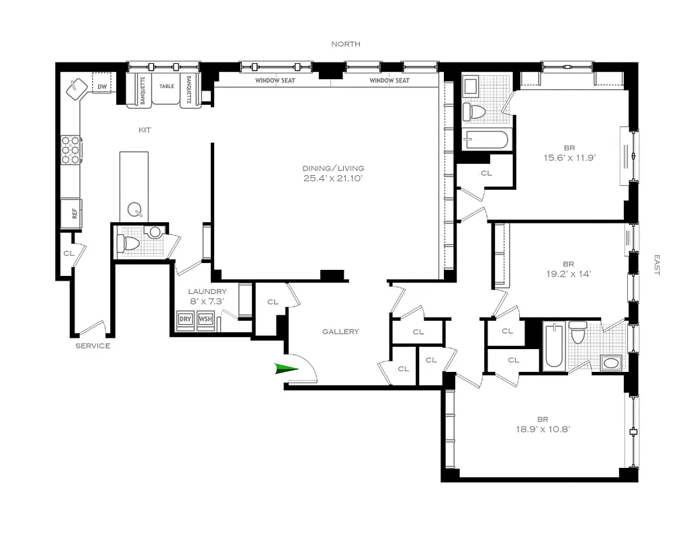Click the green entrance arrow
(x=287, y=369)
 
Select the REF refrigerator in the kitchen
(x=72, y=213)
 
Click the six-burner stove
(x=71, y=150)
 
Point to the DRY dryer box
(x=185, y=319)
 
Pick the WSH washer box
(x=205, y=319)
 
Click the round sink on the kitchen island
(x=135, y=209)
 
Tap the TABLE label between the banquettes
(x=167, y=87)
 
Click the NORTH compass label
(x=346, y=44)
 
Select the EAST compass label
(x=657, y=265)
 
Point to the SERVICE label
(x=93, y=346)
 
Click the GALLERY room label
(x=340, y=332)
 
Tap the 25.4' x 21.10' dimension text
(x=333, y=179)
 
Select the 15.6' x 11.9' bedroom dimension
(x=569, y=158)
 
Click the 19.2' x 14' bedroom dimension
(x=569, y=274)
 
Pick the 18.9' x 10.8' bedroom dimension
(x=543, y=429)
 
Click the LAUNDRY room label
(x=207, y=291)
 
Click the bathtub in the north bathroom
(x=486, y=140)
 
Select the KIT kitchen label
(x=144, y=130)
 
